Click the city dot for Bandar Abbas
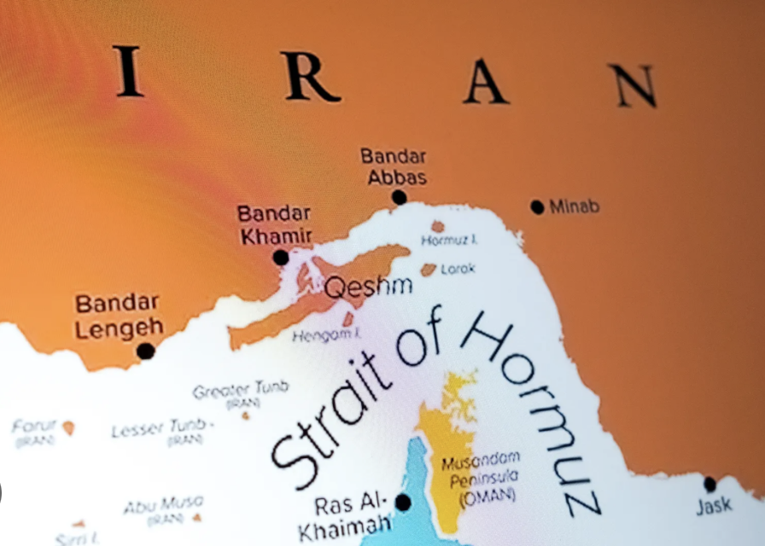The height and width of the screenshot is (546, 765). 399,197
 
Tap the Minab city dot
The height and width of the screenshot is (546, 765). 537,206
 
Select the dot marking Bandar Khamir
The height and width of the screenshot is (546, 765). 280,257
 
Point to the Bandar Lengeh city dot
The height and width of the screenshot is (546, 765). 146,351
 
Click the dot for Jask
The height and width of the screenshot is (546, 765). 710,484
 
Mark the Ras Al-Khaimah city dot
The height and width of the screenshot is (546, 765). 403,502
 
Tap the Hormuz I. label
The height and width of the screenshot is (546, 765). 449,241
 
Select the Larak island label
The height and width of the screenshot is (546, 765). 458,268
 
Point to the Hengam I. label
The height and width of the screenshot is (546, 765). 326,335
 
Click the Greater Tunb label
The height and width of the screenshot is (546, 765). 240,390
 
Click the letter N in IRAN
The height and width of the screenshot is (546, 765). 632,85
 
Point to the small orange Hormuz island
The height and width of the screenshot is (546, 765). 437,226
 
